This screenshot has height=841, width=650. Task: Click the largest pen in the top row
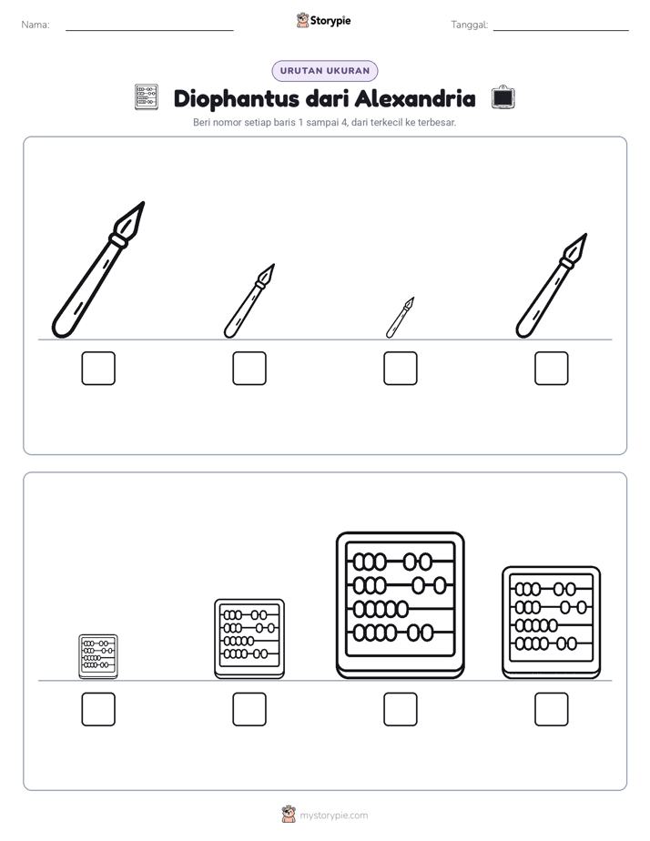pos(97,269)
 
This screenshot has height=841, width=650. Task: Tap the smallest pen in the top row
pos(400,318)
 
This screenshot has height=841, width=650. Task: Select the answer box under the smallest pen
pos(400,369)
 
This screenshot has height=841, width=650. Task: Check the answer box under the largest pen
pos(98,369)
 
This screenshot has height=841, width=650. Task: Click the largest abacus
pos(400,605)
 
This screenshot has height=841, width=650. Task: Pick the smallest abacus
pos(98,656)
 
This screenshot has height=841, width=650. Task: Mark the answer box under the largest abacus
pos(400,710)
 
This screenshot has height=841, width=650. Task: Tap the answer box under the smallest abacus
pos(98,710)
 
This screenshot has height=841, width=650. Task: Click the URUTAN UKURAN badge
pos(325,71)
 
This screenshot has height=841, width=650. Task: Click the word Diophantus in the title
pos(237,99)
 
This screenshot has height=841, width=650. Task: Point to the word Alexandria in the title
pos(414,98)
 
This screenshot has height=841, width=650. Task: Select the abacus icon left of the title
pos(147,97)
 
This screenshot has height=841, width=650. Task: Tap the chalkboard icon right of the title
pos(503,97)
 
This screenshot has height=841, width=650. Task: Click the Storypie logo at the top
pos(324,20)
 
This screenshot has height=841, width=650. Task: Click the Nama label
pos(36,25)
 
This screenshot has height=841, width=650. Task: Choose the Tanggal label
pos(469,25)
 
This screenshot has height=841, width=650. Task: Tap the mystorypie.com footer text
pos(333,816)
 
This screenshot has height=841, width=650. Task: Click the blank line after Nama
pos(149,31)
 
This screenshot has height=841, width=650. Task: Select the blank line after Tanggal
pos(561,31)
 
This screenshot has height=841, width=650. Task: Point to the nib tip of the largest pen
pos(144,203)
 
